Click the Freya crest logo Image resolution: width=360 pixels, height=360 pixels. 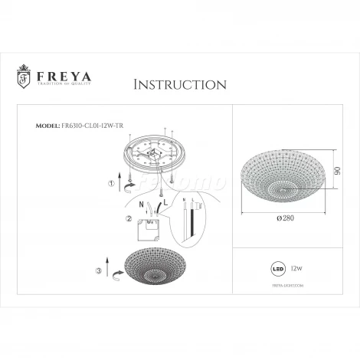[x=23, y=78]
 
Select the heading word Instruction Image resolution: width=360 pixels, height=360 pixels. [x=178, y=83]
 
